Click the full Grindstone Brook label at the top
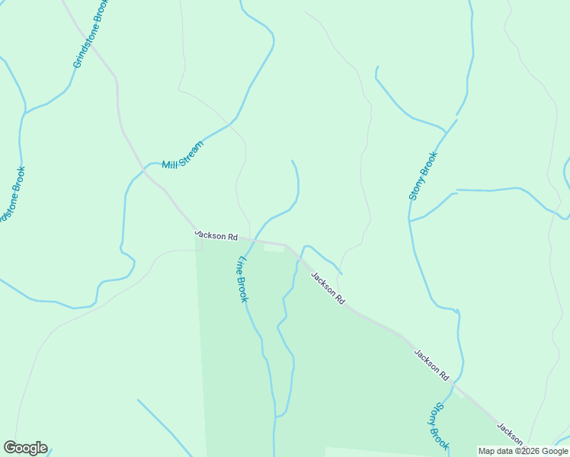[x=91, y=34]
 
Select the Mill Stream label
[x=183, y=155]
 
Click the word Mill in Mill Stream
[x=169, y=162]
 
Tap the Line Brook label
[x=241, y=279]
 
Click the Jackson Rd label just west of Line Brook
[x=216, y=235]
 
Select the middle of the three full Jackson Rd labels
[x=328, y=289]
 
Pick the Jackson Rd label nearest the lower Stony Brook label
[x=432, y=365]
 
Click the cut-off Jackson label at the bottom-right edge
[x=511, y=434]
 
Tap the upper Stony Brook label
[x=423, y=176]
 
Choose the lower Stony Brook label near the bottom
[x=438, y=427]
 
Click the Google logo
[x=25, y=448]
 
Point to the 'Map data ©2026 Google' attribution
[x=523, y=451]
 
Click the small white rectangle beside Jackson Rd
[x=273, y=247]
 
